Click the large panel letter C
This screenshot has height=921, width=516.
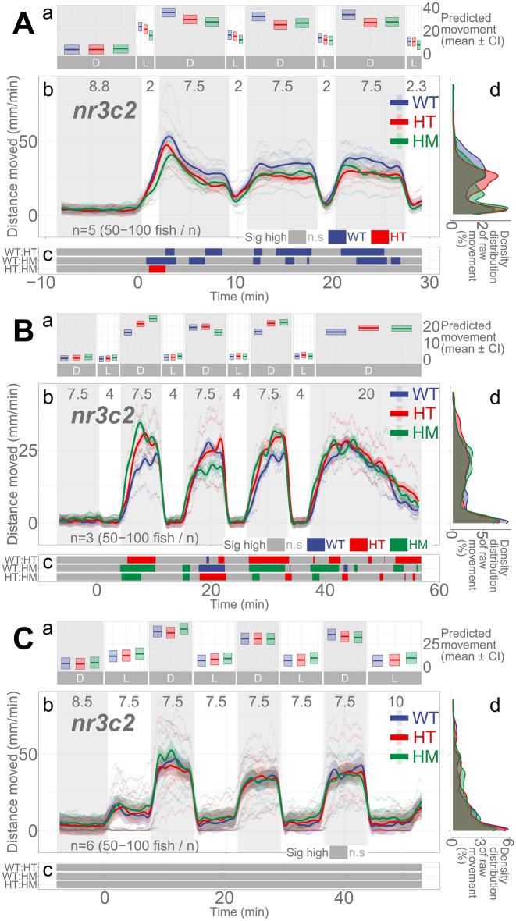point(23,644)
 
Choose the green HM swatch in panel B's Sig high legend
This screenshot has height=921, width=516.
point(392,544)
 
